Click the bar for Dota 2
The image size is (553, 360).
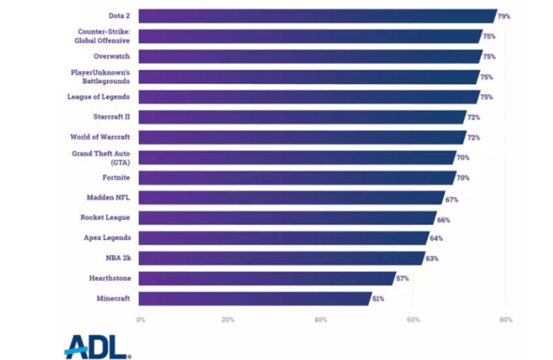[317, 16]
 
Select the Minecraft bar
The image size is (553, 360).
[254, 298]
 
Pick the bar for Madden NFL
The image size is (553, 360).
[291, 198]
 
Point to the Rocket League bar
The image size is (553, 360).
[287, 218]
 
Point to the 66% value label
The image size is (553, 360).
[444, 218]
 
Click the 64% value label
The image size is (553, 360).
[436, 238]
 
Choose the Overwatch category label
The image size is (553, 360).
[112, 57]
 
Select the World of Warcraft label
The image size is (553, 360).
[100, 137]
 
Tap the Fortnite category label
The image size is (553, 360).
[115, 177]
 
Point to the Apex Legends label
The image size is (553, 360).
[106, 238]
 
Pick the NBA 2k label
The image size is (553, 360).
[118, 258]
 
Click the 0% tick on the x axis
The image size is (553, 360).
[140, 320]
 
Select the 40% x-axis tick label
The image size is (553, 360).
[321, 320]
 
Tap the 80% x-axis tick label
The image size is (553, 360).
[505, 320]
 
